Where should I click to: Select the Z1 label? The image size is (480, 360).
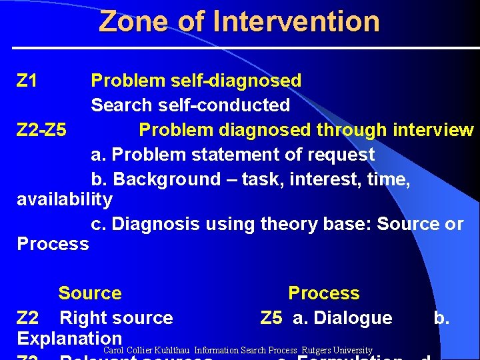coord(27,81)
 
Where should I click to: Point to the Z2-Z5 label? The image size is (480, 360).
coord(41,129)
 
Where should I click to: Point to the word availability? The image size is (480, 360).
coord(65,199)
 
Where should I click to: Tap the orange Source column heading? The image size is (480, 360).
coord(90,293)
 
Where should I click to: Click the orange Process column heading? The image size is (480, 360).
coord(323,293)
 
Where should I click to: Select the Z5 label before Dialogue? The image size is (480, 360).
coord(271,318)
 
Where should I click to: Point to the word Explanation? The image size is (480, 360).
coord(69,338)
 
